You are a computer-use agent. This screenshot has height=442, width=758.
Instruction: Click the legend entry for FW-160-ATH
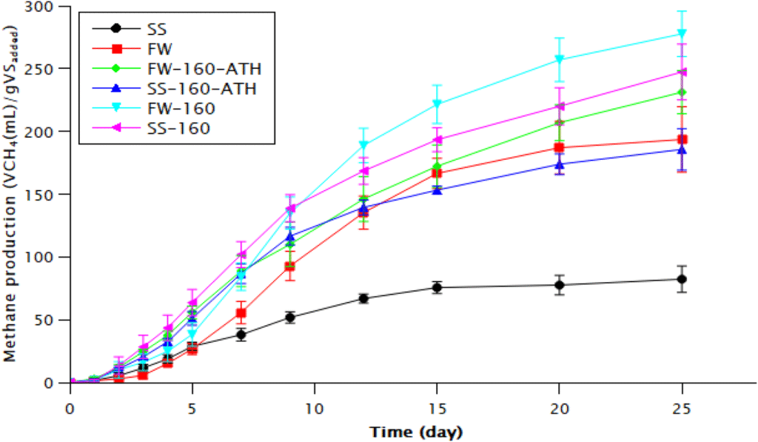coord(198,69)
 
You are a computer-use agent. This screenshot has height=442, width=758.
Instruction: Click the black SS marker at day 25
coord(681,279)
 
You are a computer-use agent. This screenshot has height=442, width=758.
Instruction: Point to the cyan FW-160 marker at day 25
coord(681,34)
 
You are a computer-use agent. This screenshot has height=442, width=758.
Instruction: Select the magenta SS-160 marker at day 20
coord(560,107)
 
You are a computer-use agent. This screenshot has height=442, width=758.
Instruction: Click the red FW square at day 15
coord(437,173)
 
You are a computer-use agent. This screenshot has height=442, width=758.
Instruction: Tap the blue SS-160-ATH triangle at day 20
coord(560,164)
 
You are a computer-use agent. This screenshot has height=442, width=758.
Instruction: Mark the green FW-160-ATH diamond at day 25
coord(681,93)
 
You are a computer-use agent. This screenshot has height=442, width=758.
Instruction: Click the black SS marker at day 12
coord(364,298)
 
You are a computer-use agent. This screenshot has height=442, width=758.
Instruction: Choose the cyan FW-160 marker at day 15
coord(437,104)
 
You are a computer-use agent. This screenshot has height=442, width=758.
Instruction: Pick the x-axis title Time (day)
coord(417,431)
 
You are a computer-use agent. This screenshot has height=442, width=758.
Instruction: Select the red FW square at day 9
coord(291,267)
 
